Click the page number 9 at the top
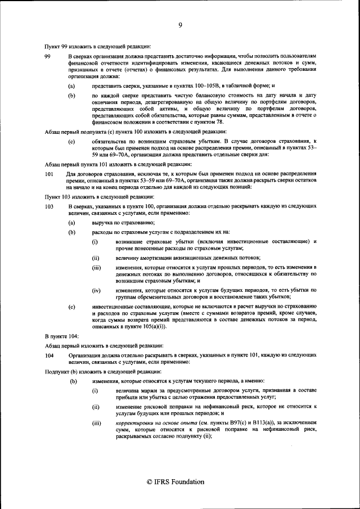coord(180,25)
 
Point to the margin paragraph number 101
coord(49,174)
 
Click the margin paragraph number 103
coord(49,207)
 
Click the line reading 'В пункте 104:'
coord(61,335)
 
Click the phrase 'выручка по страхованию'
coord(120,223)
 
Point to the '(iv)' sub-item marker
coord(96,290)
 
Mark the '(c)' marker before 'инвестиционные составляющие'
coord(71,307)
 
